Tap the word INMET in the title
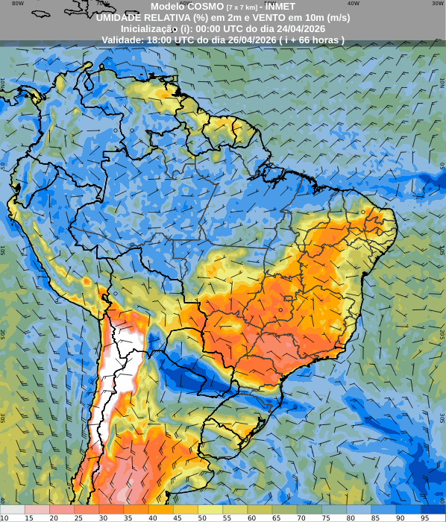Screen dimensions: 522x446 tap(276, 6)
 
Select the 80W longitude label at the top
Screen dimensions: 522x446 tap(18, 3)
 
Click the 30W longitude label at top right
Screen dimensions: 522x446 tap(438, 3)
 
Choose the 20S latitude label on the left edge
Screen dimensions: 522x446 tap(3, 334)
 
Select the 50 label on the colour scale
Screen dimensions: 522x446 tap(203, 517)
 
